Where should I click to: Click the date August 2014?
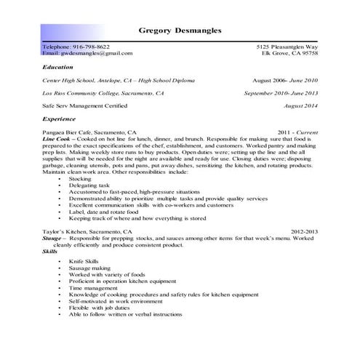pos(300,106)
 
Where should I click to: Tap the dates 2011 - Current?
pos(298,132)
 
